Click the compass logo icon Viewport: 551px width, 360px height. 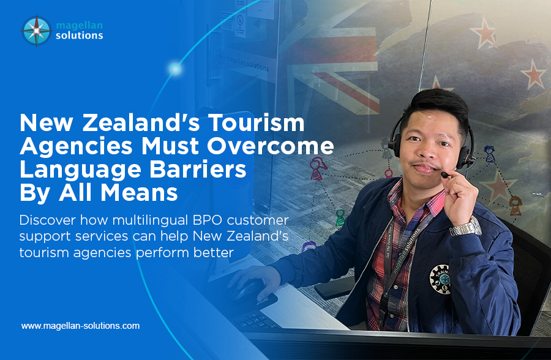click(36, 31)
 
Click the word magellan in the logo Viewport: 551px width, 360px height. click(78, 24)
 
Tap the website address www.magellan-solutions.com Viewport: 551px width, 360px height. click(80, 326)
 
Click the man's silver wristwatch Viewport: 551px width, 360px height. click(465, 227)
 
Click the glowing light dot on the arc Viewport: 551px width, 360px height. click(175, 69)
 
